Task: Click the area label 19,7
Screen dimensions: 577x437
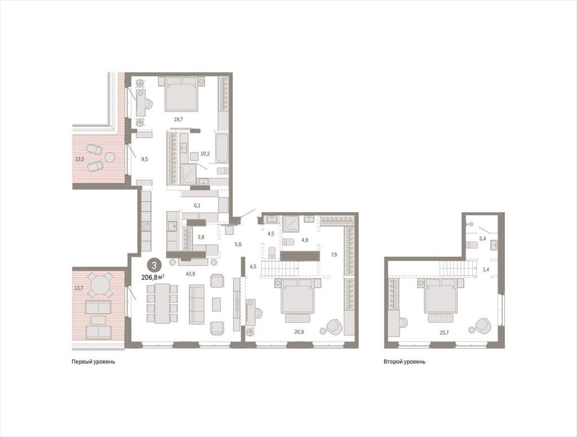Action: point(179,119)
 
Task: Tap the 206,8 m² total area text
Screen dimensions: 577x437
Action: point(153,277)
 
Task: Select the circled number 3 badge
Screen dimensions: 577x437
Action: point(154,265)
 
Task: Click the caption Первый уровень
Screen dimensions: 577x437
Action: point(93,362)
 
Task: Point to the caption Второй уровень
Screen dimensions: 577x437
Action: point(405,362)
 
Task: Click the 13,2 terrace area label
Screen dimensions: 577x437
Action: point(80,159)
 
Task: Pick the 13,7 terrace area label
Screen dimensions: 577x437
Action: point(79,288)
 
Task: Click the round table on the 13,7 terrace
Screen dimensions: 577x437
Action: point(99,284)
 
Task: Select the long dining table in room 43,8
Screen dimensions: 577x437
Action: point(162,304)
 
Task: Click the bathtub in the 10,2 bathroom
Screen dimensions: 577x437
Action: point(221,148)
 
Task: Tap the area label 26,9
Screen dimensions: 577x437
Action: point(299,332)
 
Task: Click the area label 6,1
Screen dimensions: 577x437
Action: point(197,206)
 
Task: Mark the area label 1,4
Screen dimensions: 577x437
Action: point(486,269)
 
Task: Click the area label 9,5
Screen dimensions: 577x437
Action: point(145,159)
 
